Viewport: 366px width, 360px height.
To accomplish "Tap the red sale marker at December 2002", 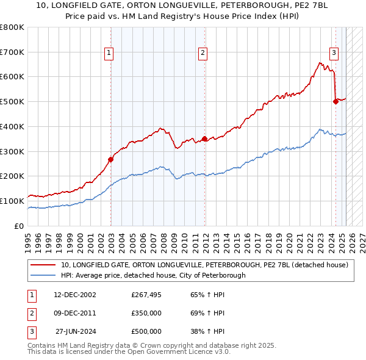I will coord(111,160).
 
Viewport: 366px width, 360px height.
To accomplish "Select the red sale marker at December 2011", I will coord(204,139).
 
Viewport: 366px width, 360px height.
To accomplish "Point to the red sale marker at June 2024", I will coord(335,102).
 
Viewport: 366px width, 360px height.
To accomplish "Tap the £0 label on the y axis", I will coord(20,226).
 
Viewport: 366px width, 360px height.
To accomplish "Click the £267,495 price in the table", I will coord(146,295).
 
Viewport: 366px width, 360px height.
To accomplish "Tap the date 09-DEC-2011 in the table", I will coord(75,313).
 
